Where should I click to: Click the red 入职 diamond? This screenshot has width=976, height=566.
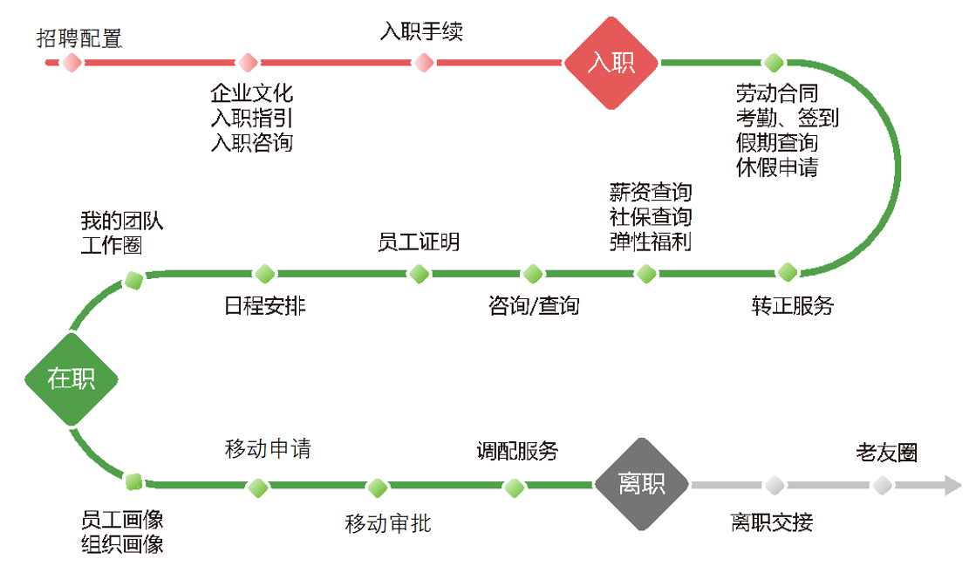[x=611, y=63]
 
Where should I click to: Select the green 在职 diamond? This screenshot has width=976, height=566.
[x=71, y=378]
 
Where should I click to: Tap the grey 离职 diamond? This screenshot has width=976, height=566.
[x=642, y=484]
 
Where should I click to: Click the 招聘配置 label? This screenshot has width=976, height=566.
[x=79, y=38]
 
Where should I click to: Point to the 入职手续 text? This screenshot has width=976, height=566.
[x=421, y=32]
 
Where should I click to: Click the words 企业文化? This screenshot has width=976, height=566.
[x=251, y=92]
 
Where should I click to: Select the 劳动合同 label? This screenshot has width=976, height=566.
[x=777, y=92]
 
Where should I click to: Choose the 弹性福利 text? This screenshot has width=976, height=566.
[x=651, y=242]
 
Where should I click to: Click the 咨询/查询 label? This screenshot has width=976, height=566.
[x=534, y=305]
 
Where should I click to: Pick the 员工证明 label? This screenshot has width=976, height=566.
[x=419, y=242]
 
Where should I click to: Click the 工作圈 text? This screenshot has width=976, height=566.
[x=112, y=245]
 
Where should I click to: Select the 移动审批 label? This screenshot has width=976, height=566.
[x=387, y=523]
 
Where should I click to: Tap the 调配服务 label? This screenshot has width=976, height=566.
[x=517, y=451]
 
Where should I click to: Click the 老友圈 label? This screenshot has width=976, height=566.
[x=887, y=453]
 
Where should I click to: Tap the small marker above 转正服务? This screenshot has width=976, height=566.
[x=788, y=272]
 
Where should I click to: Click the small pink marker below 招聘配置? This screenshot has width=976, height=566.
[x=72, y=63]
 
